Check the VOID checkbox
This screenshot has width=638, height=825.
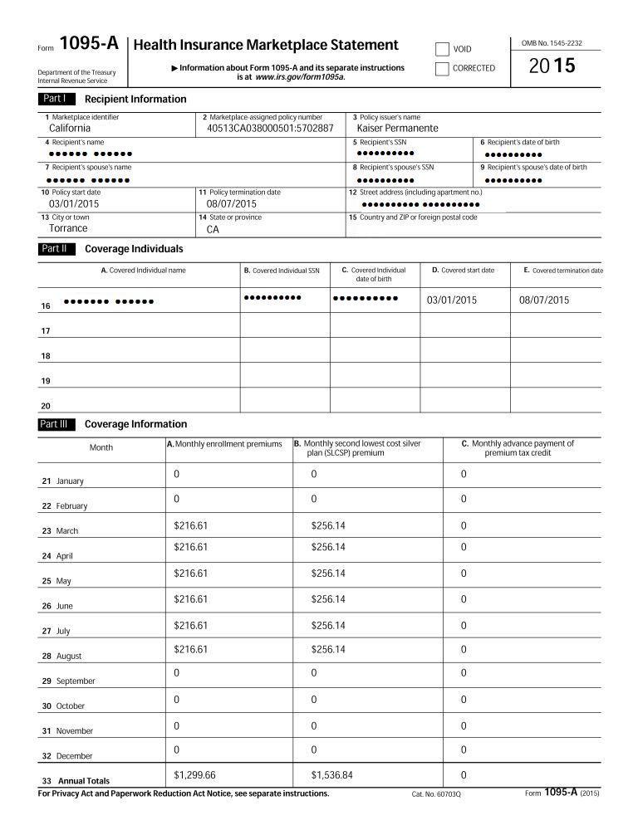tap(442, 49)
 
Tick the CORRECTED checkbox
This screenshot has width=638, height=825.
tap(442, 68)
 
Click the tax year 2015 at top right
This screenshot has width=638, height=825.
tap(552, 67)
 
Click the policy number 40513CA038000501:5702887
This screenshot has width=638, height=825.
tap(270, 129)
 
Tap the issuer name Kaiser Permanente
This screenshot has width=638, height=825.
tap(397, 129)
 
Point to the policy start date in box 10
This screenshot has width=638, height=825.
tap(74, 203)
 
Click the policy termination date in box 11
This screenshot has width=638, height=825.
tap(232, 203)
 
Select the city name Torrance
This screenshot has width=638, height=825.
tap(68, 228)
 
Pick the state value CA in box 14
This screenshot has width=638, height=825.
tap(213, 229)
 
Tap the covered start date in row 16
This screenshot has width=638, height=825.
tap(451, 300)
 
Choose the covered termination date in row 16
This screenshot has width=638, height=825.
tap(544, 300)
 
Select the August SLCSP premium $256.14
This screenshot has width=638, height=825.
tap(328, 649)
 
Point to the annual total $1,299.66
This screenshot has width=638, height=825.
tap(194, 774)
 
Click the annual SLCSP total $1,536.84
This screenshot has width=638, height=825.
tap(331, 774)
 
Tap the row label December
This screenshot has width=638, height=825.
tap(74, 756)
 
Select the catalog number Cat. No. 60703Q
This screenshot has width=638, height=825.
tap(435, 794)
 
